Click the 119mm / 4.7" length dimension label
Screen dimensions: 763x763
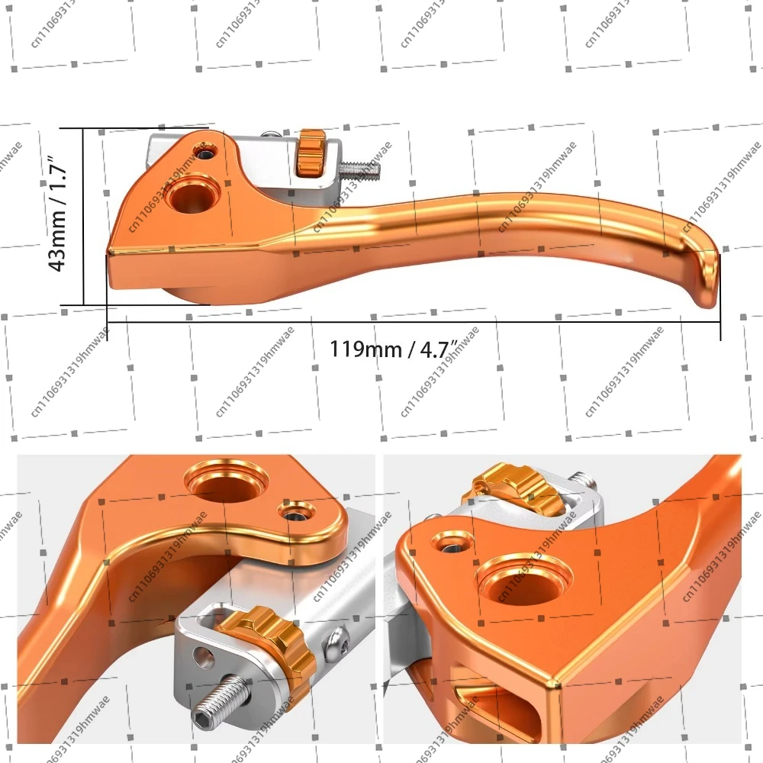pyautogui.click(x=393, y=349)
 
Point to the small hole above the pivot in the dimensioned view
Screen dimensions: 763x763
pyautogui.click(x=204, y=153)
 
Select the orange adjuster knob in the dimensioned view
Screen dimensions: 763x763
pyautogui.click(x=311, y=156)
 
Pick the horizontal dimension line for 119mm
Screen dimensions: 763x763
pyautogui.click(x=412, y=322)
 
